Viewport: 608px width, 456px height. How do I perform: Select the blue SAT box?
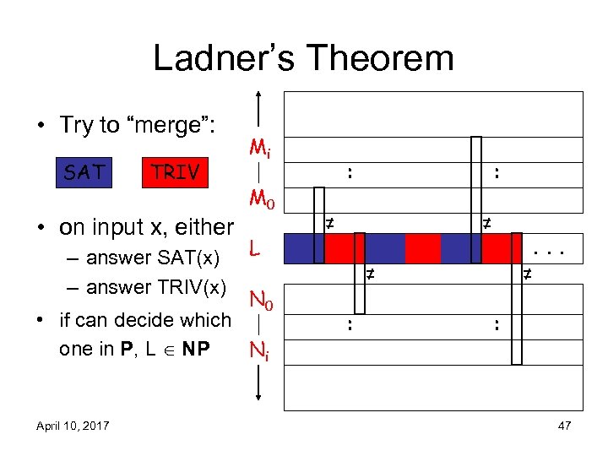(x=85, y=172)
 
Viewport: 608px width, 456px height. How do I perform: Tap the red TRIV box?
(x=175, y=172)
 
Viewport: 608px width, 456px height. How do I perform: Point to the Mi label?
(x=259, y=149)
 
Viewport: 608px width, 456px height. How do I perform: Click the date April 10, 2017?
(x=73, y=426)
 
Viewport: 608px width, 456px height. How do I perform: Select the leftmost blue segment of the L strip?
(x=299, y=248)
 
